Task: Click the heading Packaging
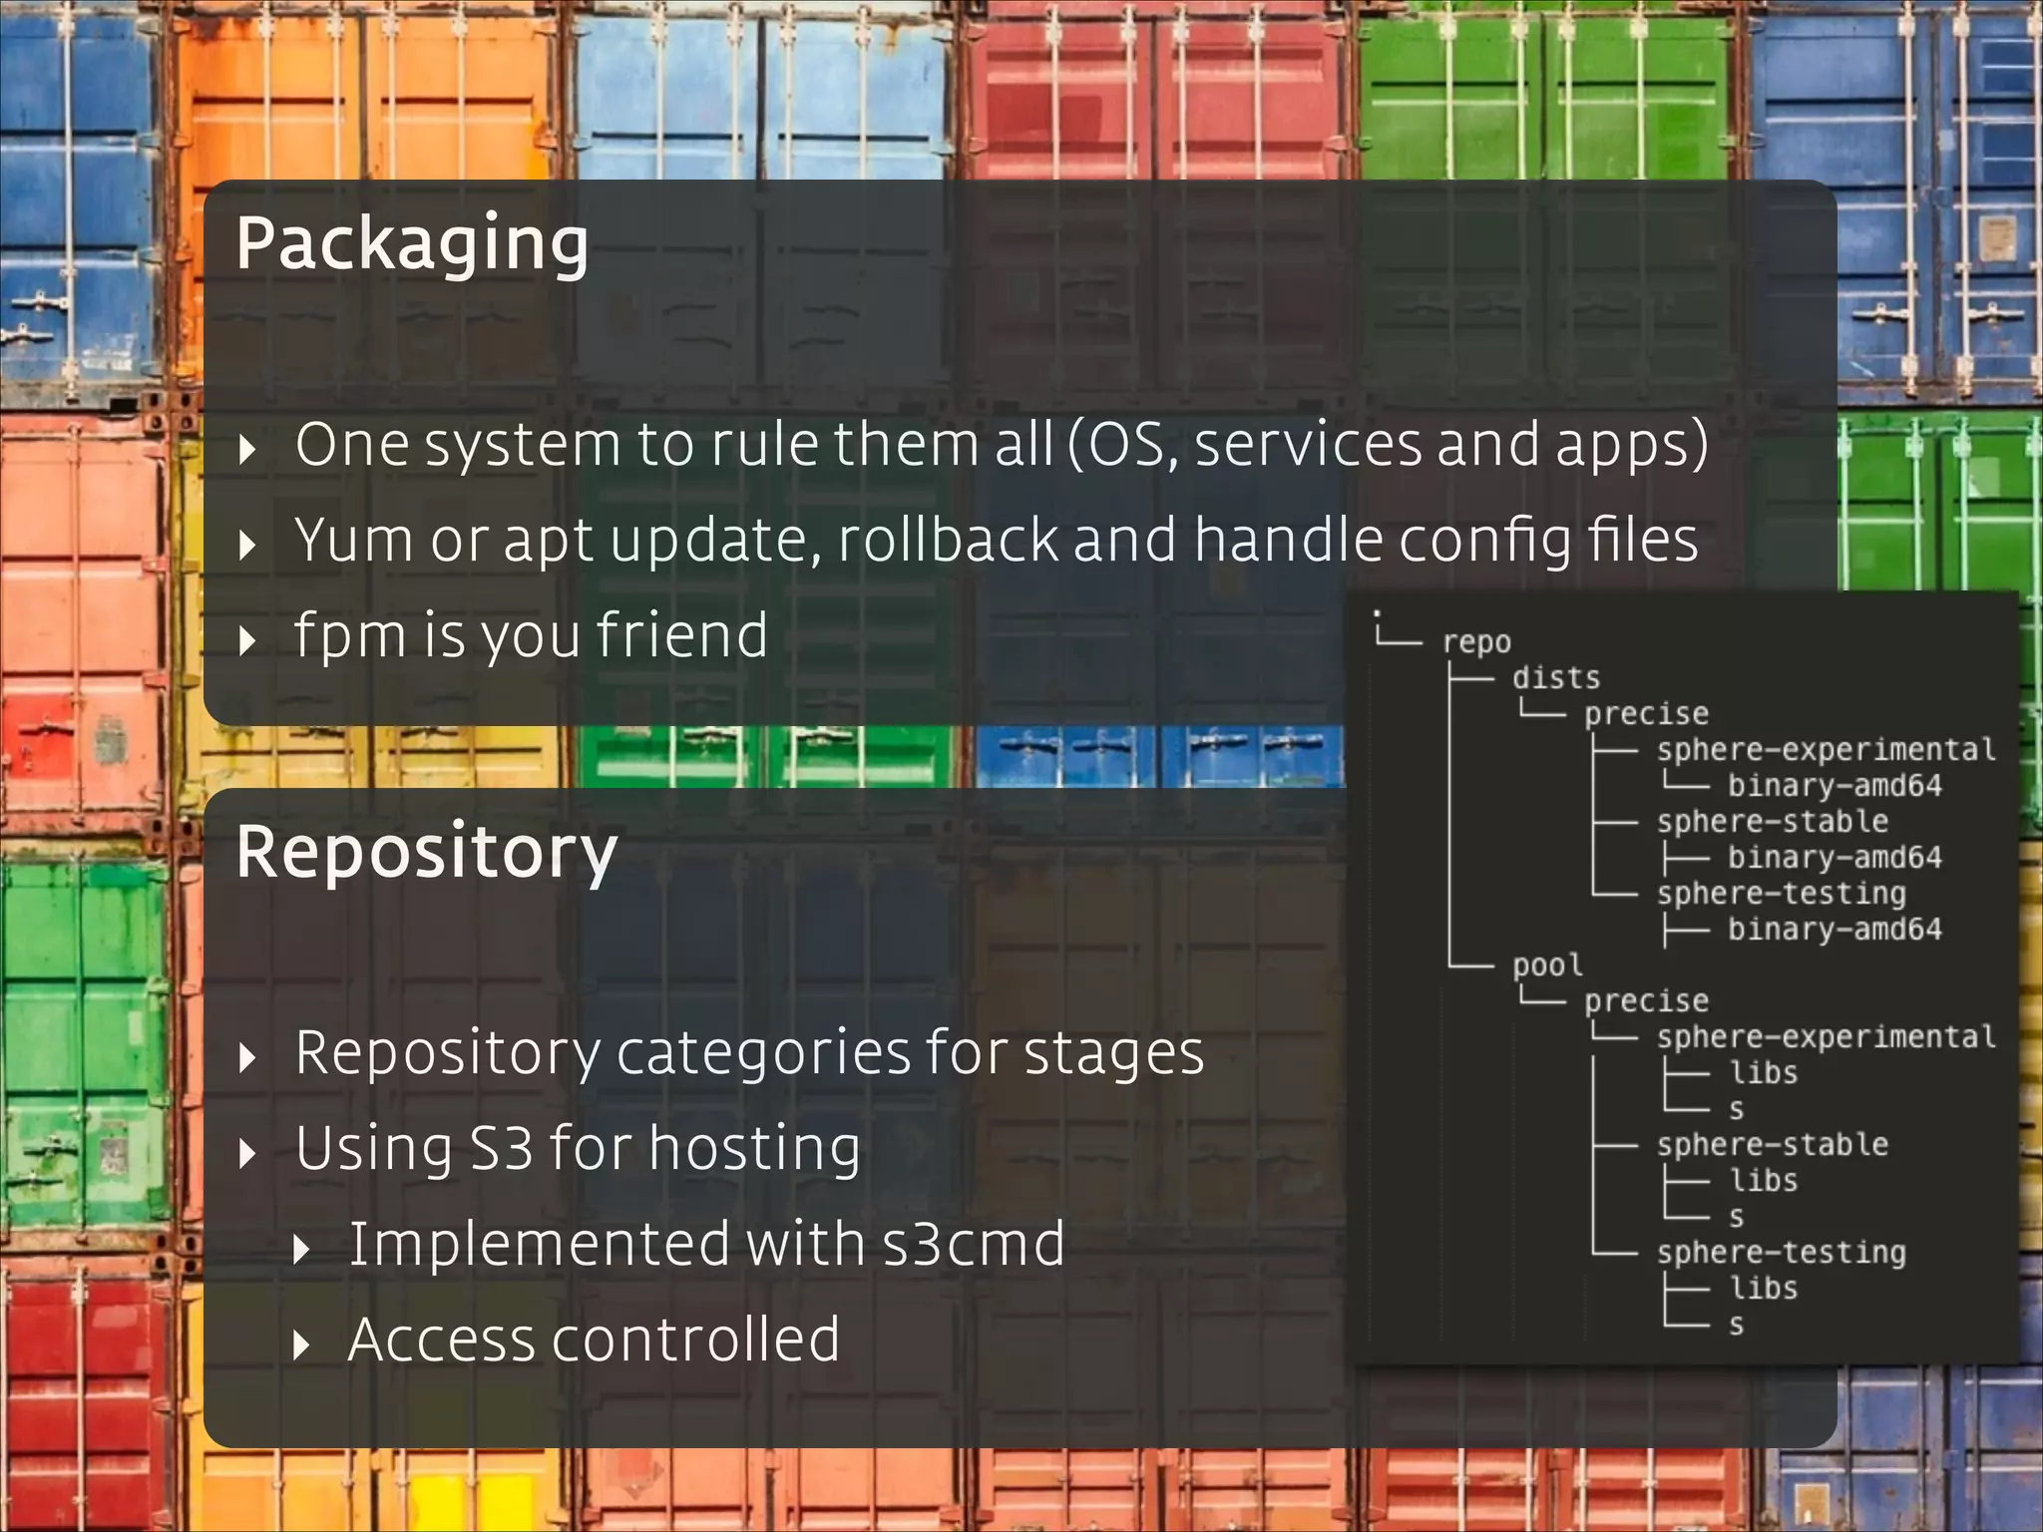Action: click(412, 244)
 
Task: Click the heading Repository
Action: click(427, 853)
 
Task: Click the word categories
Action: click(763, 1053)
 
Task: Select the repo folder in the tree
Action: click(1476, 642)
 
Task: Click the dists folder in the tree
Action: click(1555, 678)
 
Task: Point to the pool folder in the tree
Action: click(1547, 965)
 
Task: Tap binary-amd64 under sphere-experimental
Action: click(1835, 786)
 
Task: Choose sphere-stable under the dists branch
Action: click(1772, 822)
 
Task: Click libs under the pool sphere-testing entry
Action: click(1763, 1289)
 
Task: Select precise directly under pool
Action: click(1646, 1001)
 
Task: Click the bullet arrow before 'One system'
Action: click(248, 449)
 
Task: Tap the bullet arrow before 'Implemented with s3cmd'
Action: click(301, 1250)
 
